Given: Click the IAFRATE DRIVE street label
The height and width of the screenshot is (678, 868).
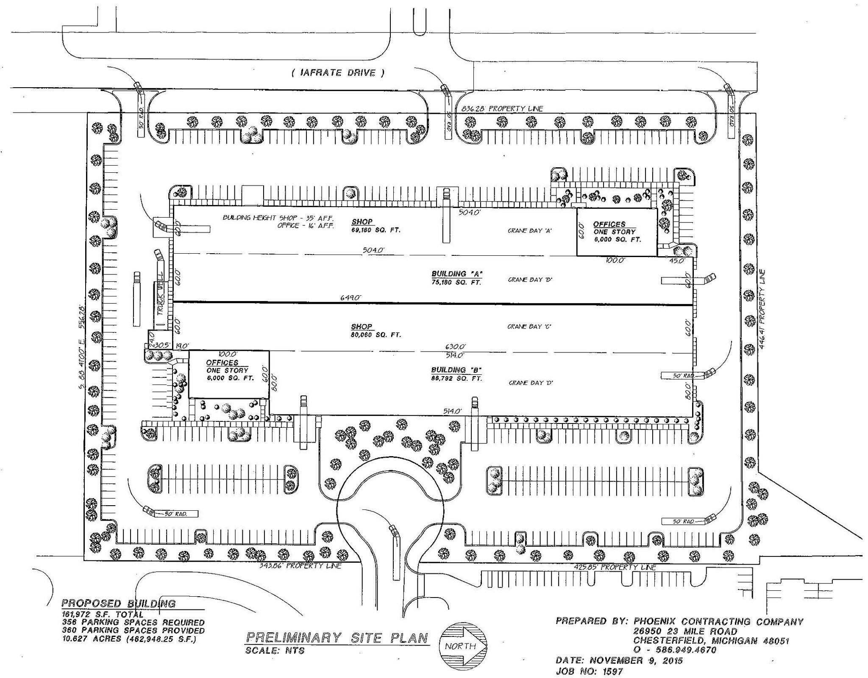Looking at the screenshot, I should [x=338, y=73].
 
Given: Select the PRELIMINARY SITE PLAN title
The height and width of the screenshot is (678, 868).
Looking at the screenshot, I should [x=337, y=637].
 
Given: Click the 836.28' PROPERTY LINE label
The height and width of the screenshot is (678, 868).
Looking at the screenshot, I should [x=499, y=109].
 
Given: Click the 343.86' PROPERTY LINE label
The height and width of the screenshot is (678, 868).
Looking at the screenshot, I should [x=300, y=566].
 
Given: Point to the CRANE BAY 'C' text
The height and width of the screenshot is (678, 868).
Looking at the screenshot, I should [x=529, y=327].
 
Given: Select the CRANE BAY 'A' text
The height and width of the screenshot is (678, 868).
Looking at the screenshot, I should [x=529, y=231].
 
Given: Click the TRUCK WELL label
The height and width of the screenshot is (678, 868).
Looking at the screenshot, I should [x=160, y=299].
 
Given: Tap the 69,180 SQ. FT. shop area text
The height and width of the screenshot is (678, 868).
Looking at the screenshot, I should [x=376, y=230].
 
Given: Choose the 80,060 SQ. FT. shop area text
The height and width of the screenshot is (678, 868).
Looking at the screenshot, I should [x=376, y=335].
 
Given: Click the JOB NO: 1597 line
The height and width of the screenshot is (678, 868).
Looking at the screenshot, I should [x=589, y=672].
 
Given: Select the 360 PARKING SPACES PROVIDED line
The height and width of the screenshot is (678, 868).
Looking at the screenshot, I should [x=134, y=631].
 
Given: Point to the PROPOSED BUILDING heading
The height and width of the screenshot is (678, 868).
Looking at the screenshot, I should [x=119, y=603].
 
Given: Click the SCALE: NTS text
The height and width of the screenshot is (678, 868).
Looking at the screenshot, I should [x=275, y=650].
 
